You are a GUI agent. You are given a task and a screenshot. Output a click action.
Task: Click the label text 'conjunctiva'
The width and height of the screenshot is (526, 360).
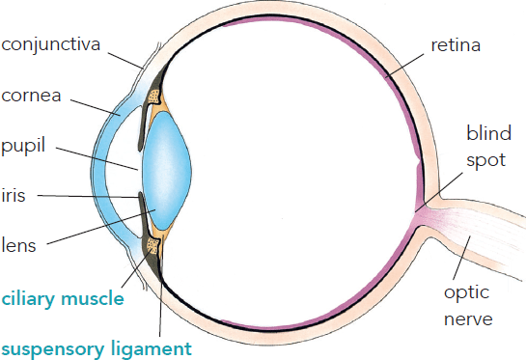[x=50, y=45]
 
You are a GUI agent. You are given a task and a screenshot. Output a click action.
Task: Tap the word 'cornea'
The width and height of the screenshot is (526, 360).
[x=31, y=96]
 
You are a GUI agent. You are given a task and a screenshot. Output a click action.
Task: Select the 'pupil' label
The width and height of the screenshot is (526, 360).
[x=23, y=147]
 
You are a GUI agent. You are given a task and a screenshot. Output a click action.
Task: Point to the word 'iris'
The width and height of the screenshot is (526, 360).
[x=14, y=195]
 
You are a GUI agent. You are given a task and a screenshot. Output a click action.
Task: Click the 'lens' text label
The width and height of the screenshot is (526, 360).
[x=18, y=245]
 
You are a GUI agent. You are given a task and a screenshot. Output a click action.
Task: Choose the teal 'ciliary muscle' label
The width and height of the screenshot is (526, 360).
[x=63, y=298]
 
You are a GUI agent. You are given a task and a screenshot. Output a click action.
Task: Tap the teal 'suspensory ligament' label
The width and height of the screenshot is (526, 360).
[x=97, y=349]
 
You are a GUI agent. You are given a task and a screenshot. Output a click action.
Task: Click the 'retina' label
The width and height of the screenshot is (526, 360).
[x=456, y=45]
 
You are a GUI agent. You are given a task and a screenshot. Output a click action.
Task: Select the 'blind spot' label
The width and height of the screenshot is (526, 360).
[x=488, y=147]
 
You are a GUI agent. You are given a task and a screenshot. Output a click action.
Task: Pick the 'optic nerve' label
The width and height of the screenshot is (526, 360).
[x=468, y=305]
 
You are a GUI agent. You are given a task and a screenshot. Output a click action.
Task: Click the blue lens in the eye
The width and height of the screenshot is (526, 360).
[x=166, y=171]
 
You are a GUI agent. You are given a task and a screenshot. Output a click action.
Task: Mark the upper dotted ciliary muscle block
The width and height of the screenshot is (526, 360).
[x=154, y=97]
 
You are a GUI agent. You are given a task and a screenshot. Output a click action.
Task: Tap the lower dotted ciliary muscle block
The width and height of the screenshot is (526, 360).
[x=152, y=245]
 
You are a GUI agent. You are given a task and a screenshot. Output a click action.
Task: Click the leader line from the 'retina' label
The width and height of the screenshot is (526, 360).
[x=404, y=66]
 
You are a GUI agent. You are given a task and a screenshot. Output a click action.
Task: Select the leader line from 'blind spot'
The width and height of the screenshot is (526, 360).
[x=439, y=192]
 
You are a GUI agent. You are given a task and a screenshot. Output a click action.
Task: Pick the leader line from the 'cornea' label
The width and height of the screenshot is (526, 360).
[x=96, y=107]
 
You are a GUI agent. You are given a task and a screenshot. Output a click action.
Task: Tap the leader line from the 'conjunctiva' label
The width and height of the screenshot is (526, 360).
[x=125, y=61]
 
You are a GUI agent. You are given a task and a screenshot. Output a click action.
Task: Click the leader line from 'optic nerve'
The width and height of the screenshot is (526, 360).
[x=461, y=258]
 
